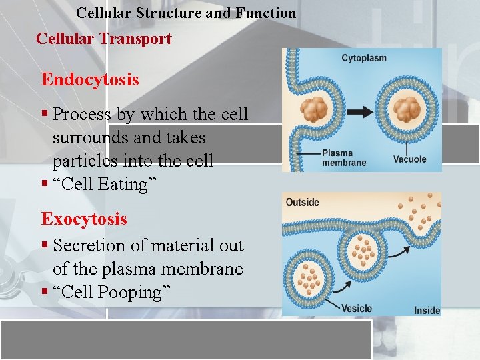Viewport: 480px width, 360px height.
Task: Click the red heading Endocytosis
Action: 90,80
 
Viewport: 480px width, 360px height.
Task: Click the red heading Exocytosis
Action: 84,219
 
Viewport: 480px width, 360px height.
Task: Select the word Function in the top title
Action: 266,13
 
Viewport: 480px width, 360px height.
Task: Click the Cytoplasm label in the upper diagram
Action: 363,58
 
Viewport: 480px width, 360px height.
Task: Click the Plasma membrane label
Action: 344,157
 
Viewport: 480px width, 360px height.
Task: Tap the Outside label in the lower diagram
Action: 302,202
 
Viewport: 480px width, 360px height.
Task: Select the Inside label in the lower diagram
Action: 427,310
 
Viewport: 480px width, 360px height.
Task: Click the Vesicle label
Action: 357,308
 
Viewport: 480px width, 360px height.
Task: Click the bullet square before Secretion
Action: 45,245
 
